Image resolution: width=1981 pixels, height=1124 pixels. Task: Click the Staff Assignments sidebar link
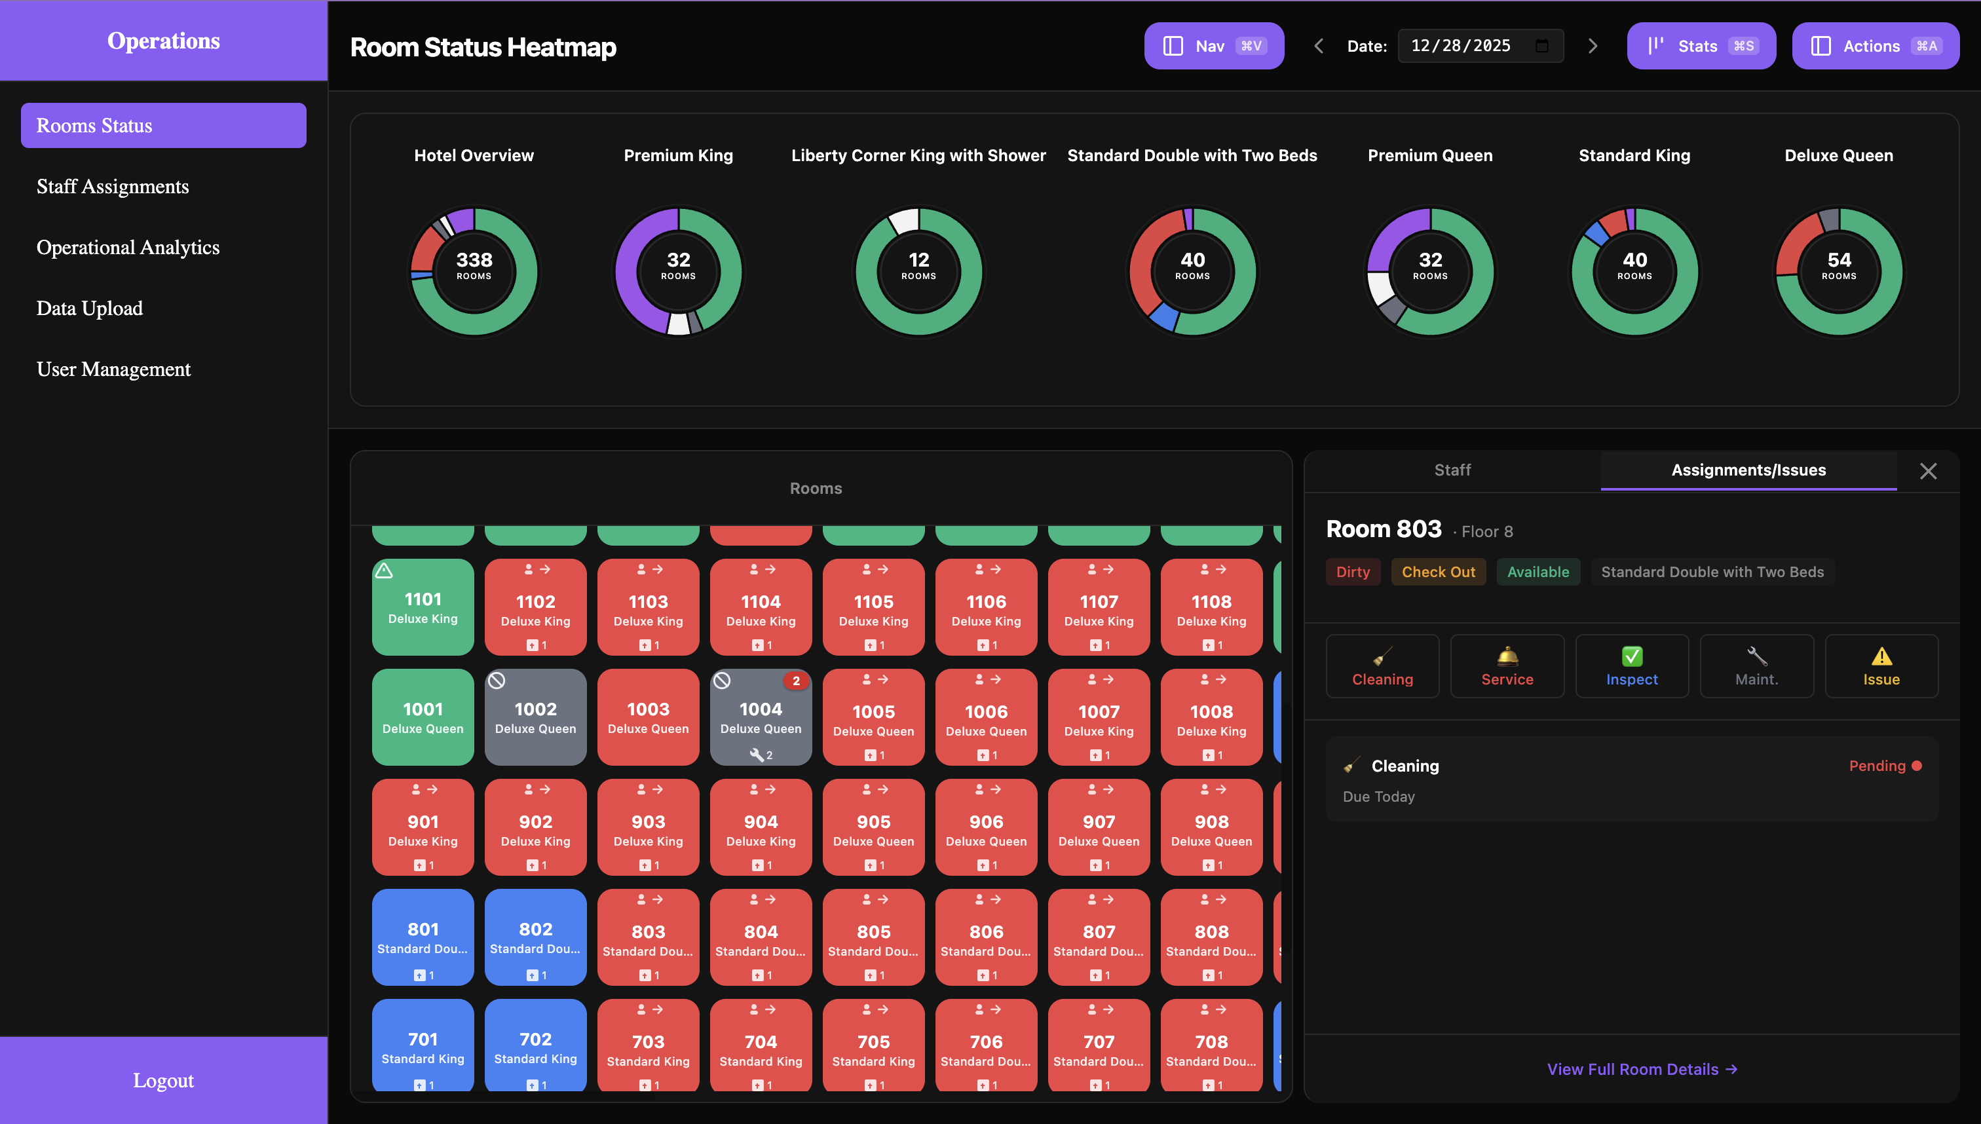click(113, 187)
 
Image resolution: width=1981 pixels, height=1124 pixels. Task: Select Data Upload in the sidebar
click(90, 309)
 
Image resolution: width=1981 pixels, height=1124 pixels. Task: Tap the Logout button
click(163, 1080)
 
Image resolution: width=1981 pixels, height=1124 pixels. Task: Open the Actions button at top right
click(1874, 47)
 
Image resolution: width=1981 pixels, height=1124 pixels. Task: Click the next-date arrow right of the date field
click(1592, 47)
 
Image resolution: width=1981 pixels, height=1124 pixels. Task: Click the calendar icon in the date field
click(1541, 46)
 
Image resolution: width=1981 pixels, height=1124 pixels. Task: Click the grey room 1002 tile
click(535, 717)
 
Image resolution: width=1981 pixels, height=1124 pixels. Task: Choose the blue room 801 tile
click(423, 937)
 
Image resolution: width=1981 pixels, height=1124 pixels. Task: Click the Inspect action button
click(1631, 666)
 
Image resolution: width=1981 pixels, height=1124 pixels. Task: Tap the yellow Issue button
click(1881, 666)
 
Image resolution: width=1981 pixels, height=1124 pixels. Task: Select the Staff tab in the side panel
click(1452, 470)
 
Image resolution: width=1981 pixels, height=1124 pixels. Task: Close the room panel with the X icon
click(1928, 471)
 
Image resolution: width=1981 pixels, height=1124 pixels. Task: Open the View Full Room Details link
click(1641, 1069)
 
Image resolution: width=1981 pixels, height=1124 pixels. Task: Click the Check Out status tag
click(1437, 572)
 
